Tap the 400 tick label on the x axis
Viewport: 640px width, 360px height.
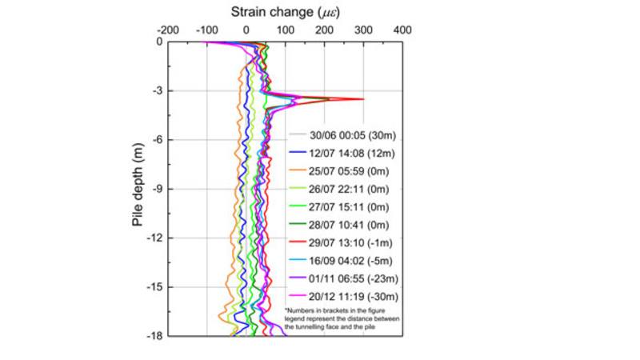click(402, 29)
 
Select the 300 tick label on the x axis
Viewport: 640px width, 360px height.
click(363, 29)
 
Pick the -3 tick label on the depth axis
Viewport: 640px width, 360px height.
click(155, 90)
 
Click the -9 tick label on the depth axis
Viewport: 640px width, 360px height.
click(155, 189)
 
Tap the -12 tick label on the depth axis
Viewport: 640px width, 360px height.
click(154, 238)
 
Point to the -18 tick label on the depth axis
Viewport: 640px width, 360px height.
click(154, 335)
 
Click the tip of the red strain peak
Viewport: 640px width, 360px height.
click(364, 99)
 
